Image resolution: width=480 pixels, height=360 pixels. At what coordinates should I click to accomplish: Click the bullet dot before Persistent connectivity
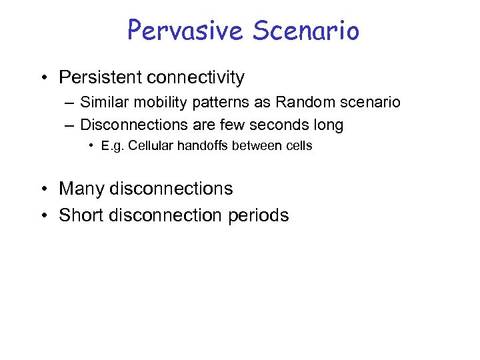point(43,79)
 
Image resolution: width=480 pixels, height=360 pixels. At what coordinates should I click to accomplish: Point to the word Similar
point(103,103)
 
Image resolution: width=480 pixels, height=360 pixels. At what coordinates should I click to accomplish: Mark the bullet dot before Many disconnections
point(43,189)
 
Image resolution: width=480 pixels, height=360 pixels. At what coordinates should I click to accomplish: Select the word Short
point(80,215)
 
